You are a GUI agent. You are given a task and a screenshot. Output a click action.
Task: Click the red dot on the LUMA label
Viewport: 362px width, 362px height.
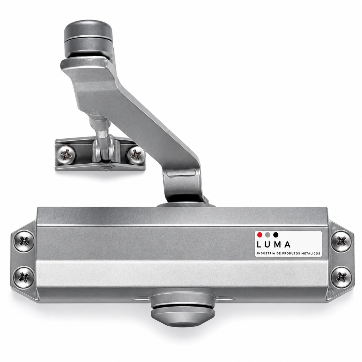pos(260,235)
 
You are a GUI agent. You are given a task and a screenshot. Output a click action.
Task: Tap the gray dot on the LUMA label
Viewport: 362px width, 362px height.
pos(268,235)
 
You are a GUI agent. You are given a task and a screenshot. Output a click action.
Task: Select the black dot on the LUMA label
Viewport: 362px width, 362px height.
pos(275,235)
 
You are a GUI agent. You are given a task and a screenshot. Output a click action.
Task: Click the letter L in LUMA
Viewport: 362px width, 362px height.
pos(259,244)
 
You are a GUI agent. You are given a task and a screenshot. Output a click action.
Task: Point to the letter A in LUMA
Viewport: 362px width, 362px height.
pos(287,244)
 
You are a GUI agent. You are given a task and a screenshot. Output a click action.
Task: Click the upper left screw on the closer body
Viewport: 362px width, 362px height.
pos(24,241)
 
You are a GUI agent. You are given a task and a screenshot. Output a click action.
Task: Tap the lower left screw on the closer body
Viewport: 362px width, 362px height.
pos(24,277)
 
